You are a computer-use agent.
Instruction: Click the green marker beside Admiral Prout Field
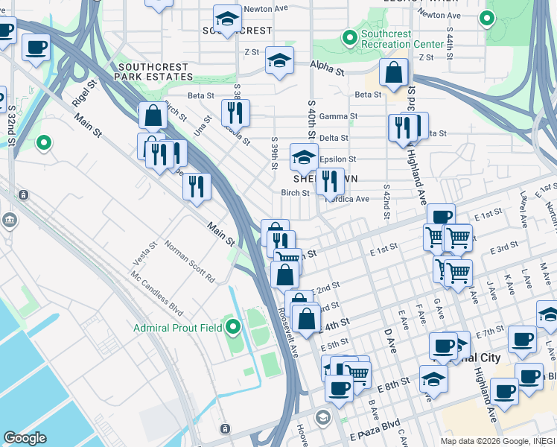(x=233, y=327)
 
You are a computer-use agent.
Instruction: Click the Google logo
(x=25, y=438)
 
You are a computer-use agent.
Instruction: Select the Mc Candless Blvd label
(x=157, y=290)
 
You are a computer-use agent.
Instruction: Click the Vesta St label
(x=144, y=254)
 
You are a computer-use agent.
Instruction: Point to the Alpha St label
(x=328, y=72)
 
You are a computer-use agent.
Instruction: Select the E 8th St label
(x=394, y=384)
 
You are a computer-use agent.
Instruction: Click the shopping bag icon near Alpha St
(x=393, y=73)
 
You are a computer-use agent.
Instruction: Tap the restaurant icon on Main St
(x=197, y=186)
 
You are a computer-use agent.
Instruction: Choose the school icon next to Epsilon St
(x=304, y=156)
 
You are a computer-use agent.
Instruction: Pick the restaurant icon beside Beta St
(x=235, y=112)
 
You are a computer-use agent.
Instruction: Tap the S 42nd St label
(x=386, y=202)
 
